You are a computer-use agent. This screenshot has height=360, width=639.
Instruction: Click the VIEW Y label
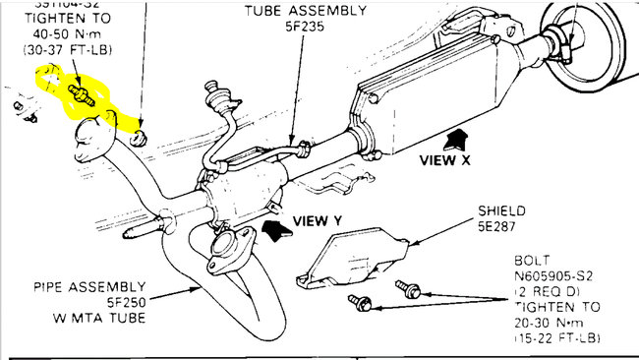click(317, 221)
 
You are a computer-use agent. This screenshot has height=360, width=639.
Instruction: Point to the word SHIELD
click(502, 211)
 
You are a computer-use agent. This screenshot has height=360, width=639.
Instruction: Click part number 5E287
click(500, 226)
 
